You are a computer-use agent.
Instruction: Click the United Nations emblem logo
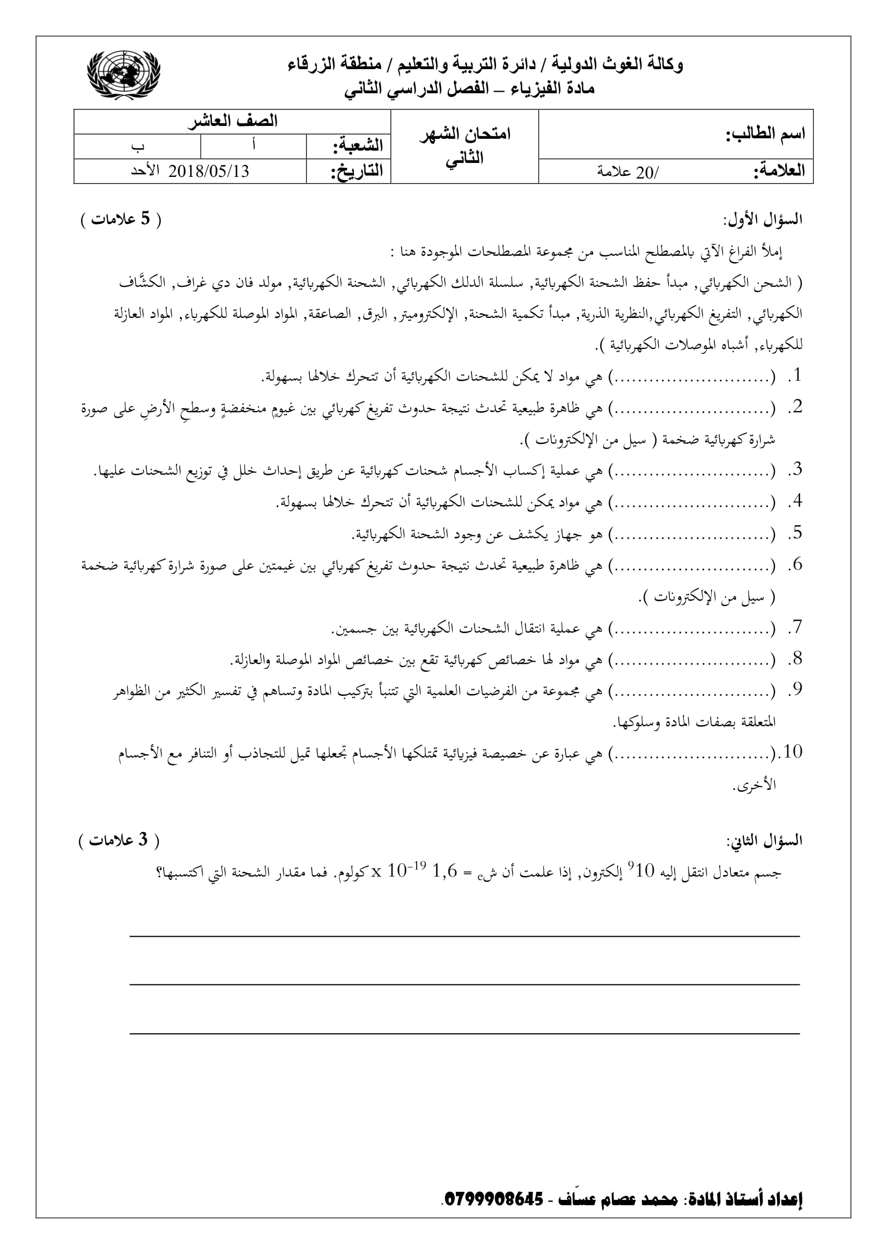coord(124,75)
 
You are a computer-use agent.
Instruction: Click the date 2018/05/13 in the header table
coord(209,172)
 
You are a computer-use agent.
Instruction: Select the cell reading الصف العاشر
coord(233,121)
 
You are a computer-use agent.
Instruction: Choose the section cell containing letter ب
coord(138,146)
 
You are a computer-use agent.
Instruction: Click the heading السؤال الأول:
coord(763,220)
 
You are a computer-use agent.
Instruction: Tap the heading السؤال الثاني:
coord(764,841)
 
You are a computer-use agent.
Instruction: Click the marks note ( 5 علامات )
coord(121,220)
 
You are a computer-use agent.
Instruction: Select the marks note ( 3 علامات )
coord(120,841)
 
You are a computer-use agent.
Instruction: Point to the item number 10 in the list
coord(793,753)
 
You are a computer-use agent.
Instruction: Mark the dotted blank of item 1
coord(691,377)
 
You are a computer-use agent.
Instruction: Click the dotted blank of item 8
coord(691,661)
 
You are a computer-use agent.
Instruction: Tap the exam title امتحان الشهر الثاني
coord(465,146)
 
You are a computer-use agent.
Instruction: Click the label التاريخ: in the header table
coord(357,172)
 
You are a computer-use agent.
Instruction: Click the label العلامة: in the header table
coord(779,172)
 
